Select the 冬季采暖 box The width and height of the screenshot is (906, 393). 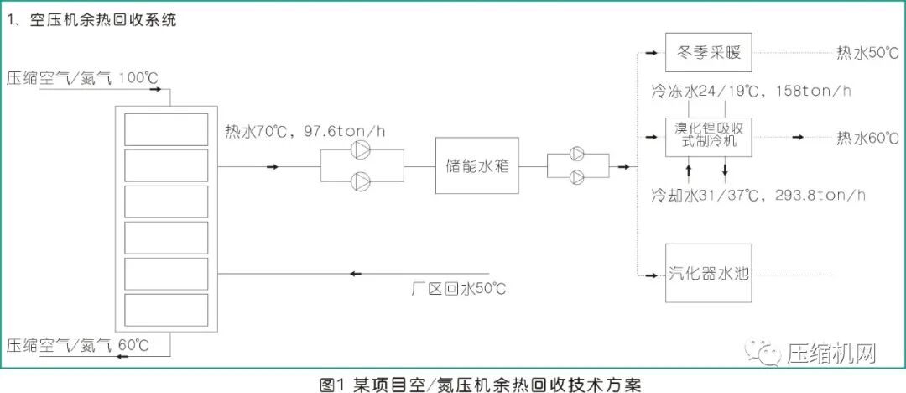(x=708, y=53)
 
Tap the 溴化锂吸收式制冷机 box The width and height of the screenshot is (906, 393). (x=708, y=136)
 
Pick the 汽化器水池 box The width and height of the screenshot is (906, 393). (x=708, y=273)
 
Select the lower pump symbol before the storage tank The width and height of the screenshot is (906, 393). (x=362, y=179)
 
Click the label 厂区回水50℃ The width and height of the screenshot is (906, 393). (x=460, y=290)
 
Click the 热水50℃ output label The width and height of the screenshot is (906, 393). (x=867, y=53)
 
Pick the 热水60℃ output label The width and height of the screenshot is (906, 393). (x=867, y=138)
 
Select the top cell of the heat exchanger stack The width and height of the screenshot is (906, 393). (x=166, y=129)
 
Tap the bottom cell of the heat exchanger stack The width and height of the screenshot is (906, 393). (x=166, y=310)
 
